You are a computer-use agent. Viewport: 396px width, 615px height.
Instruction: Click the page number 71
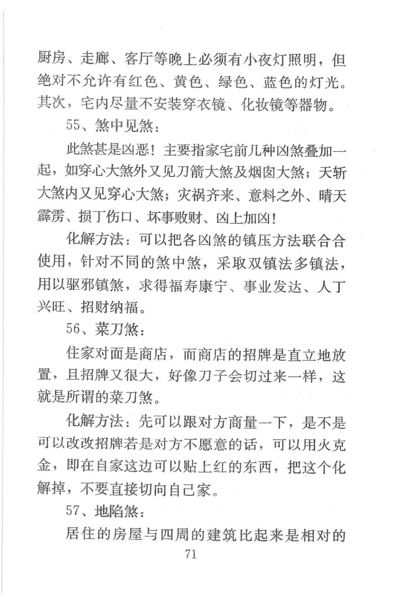point(191,554)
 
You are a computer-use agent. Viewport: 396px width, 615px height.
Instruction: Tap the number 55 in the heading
point(73,125)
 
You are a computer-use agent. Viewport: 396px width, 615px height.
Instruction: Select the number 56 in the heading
point(73,329)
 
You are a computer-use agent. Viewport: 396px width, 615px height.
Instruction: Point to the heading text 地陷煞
point(117,511)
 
